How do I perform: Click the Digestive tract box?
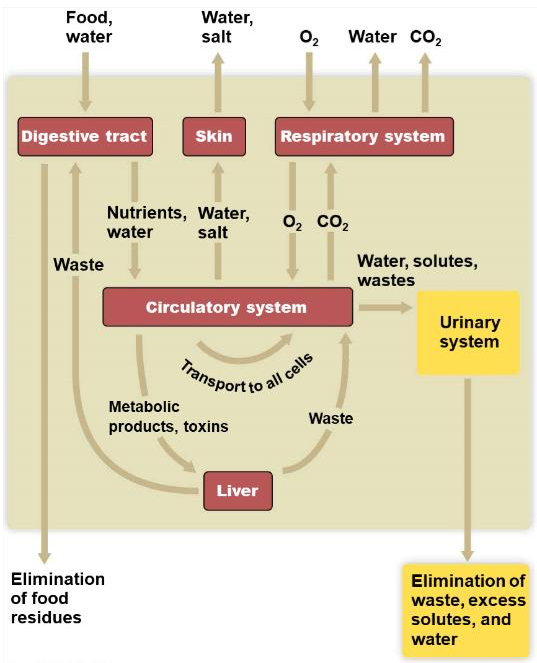(85, 137)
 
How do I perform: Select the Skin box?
(214, 137)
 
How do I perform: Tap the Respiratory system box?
(364, 137)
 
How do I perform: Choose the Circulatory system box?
(227, 307)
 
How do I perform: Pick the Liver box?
(238, 491)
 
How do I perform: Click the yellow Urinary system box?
(469, 333)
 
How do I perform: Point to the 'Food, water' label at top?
(89, 27)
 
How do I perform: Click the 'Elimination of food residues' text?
(58, 598)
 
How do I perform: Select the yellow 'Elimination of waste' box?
(466, 610)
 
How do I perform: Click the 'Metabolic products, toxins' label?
(168, 416)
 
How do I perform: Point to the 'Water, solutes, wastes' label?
(417, 271)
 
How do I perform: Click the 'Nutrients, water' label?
(147, 222)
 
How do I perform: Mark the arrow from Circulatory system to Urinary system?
(385, 307)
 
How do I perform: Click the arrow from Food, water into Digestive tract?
(85, 82)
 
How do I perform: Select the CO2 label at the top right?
(425, 37)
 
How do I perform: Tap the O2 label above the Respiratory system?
(309, 38)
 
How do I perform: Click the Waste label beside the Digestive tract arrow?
(79, 265)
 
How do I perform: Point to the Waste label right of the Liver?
(331, 418)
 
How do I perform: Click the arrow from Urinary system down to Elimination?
(468, 470)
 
